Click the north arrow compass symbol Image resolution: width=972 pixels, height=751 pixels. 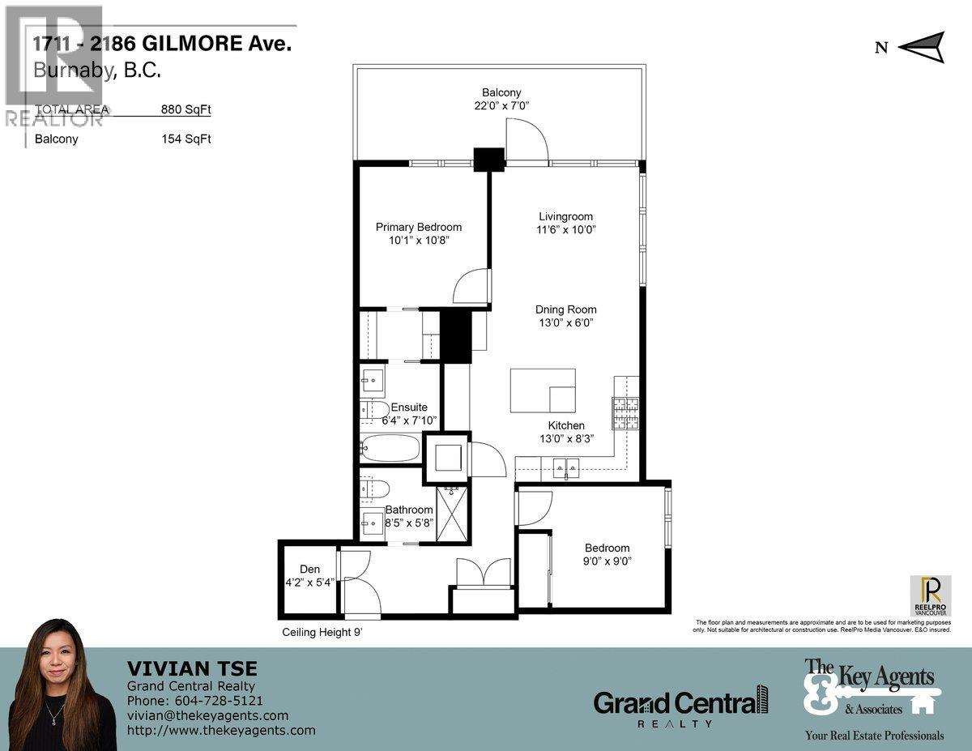922,46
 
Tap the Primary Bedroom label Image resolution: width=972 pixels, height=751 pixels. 418,227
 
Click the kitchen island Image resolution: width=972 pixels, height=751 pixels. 542,390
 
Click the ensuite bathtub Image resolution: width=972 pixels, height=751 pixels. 390,449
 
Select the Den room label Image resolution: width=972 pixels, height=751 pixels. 309,569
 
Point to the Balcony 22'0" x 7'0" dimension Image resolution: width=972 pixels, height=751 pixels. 501,105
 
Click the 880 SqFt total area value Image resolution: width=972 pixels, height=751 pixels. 186,109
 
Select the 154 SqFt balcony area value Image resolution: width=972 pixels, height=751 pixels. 186,139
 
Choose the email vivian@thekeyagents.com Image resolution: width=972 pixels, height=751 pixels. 207,715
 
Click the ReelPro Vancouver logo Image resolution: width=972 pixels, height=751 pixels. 930,595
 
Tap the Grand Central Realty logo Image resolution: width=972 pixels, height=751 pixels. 680,705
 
